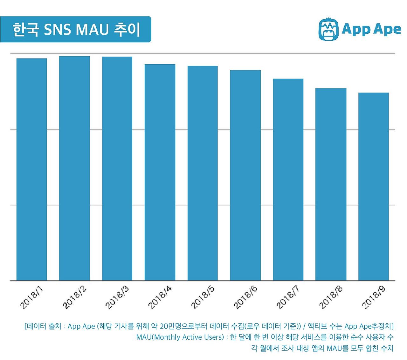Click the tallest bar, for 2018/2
74,168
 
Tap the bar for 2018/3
117,169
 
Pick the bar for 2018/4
160,172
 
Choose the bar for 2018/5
203,173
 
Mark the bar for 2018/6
245,175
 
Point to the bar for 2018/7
288,179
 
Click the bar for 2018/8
331,184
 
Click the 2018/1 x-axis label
31,297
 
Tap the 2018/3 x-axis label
117,297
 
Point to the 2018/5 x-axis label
203,297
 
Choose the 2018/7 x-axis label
288,297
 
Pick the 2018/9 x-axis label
374,297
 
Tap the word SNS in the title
58,30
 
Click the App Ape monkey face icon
328,30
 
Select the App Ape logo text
371,30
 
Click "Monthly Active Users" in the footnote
188,337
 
